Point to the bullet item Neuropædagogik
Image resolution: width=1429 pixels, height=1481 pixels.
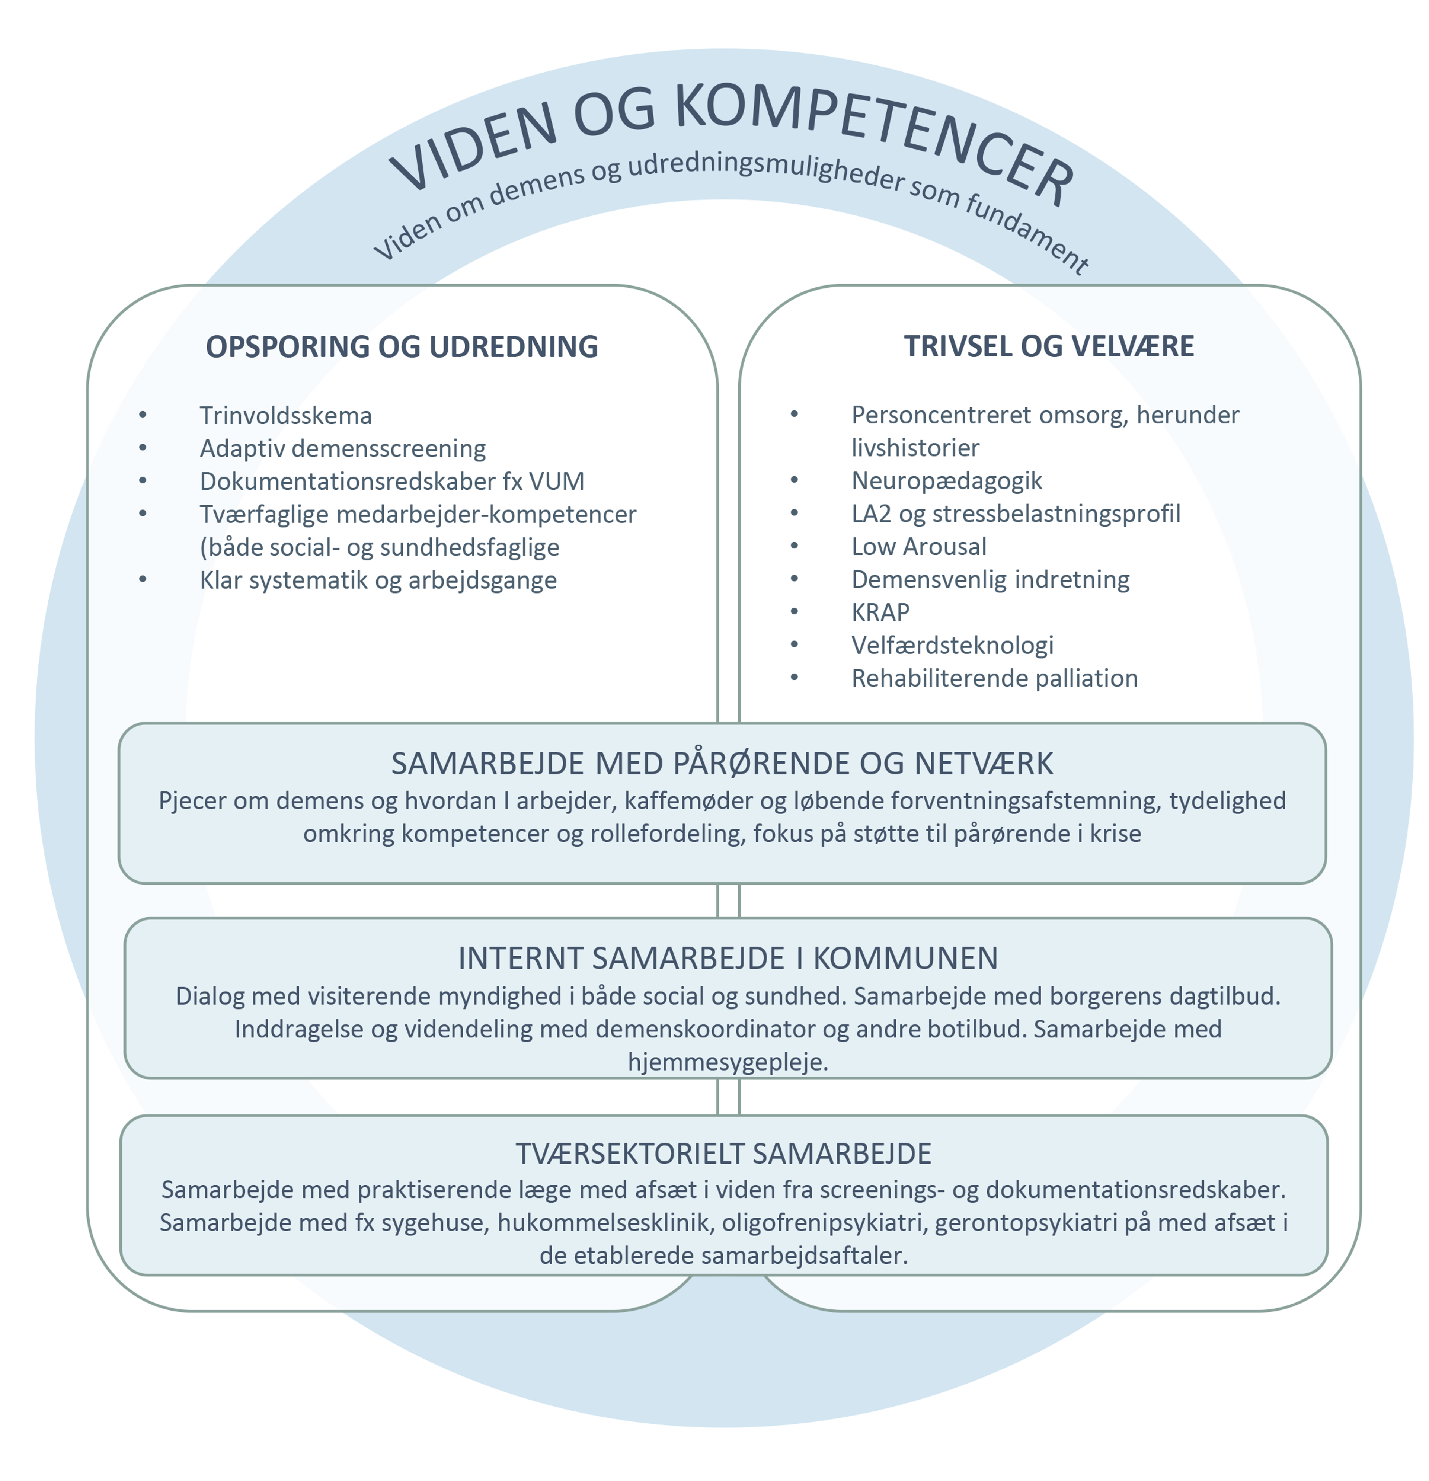point(946,480)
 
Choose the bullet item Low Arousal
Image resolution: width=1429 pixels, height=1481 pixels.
point(918,546)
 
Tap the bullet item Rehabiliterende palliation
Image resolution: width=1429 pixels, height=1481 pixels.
point(994,678)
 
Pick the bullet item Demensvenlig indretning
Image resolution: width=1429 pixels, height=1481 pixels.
point(990,579)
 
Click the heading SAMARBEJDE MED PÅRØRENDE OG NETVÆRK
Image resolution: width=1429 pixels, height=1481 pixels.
point(722,764)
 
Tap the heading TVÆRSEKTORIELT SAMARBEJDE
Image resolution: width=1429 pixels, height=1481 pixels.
point(723,1154)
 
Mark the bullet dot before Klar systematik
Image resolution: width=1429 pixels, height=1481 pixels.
point(143,579)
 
